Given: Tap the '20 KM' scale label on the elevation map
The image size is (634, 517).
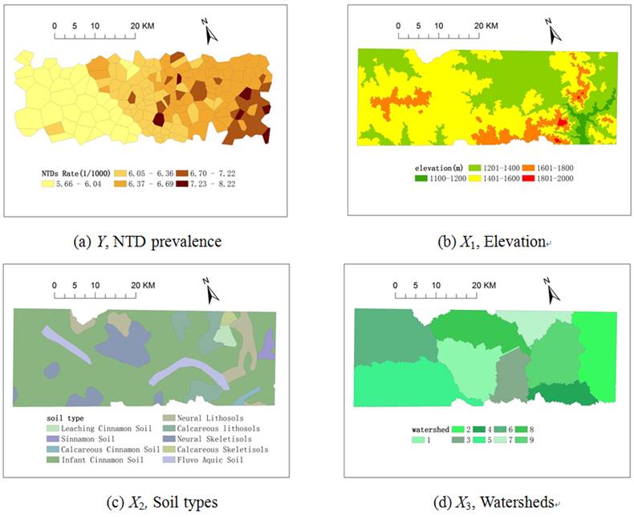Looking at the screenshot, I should click(x=487, y=26).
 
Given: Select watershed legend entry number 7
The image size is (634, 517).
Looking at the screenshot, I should click(x=517, y=440).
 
